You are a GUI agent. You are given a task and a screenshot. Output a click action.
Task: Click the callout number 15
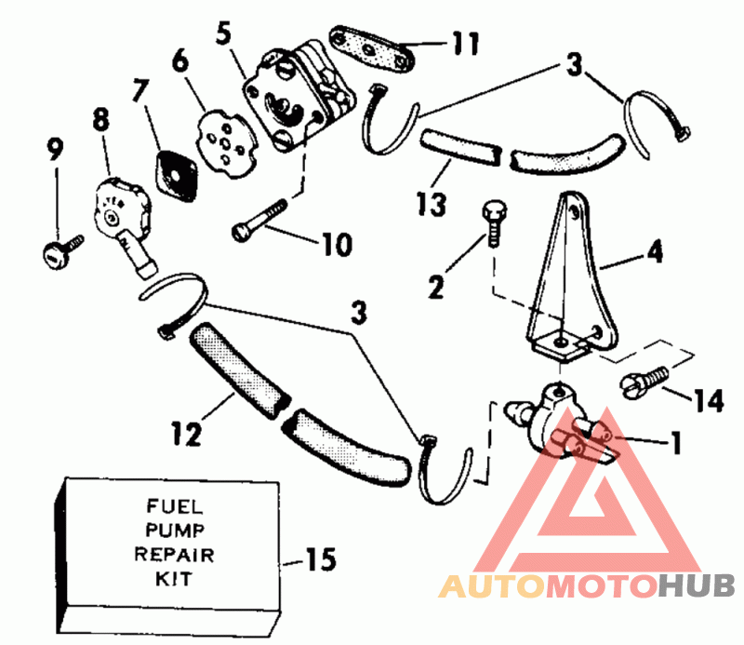click(x=321, y=559)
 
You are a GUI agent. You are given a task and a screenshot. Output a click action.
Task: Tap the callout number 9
click(x=55, y=150)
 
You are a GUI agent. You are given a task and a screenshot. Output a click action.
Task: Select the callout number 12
click(x=187, y=434)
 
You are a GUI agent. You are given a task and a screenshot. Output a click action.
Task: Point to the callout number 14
click(x=709, y=400)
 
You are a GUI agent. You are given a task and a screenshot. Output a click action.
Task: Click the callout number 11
click(x=466, y=43)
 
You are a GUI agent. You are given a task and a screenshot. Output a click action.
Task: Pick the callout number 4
click(x=655, y=250)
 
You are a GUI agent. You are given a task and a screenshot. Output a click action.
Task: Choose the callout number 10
click(x=338, y=245)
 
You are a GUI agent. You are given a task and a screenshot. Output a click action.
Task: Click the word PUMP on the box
click(x=175, y=531)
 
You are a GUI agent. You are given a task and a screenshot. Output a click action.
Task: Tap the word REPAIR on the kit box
click(x=174, y=555)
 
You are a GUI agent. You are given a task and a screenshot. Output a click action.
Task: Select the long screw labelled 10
click(x=259, y=220)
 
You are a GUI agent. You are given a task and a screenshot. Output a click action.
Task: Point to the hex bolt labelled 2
click(x=494, y=222)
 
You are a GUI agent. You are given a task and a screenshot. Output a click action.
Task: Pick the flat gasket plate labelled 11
click(x=372, y=48)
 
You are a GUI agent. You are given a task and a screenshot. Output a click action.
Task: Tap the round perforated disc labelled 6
click(x=226, y=144)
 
